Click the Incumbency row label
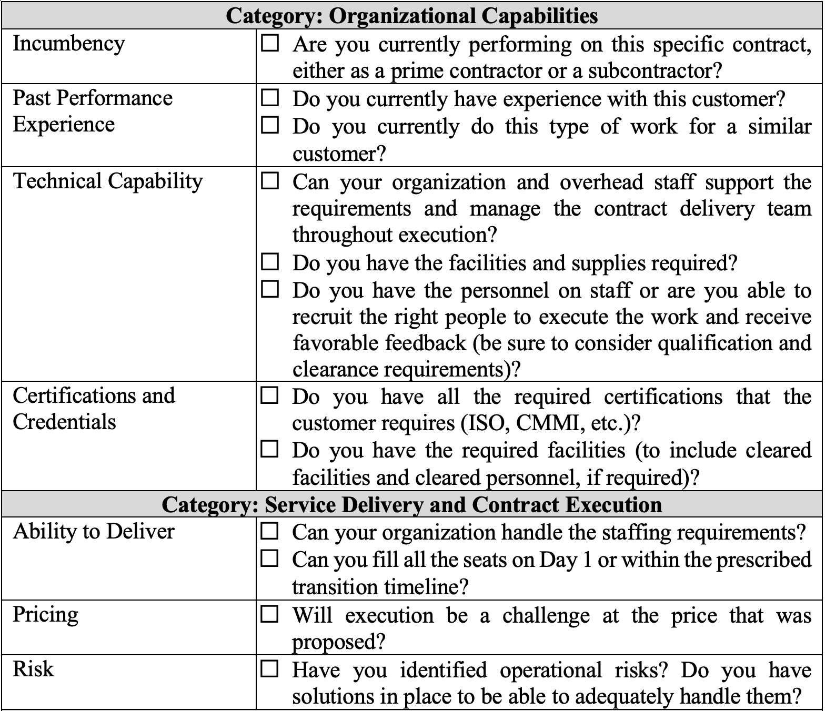pyautogui.click(x=68, y=44)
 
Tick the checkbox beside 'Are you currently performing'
pyautogui.click(x=270, y=43)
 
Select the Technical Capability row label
pyautogui.click(x=108, y=181)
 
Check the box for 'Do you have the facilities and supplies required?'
pyautogui.click(x=270, y=261)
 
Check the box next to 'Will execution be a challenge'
pyautogui.click(x=270, y=614)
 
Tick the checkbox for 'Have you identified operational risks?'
pyautogui.click(x=270, y=668)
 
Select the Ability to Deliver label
pyautogui.click(x=93, y=532)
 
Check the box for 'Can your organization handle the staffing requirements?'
pyautogui.click(x=270, y=531)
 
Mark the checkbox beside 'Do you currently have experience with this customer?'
pyautogui.click(x=270, y=98)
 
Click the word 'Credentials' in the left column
pyautogui.click(x=64, y=422)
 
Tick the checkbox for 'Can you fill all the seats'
pyautogui.click(x=270, y=558)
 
